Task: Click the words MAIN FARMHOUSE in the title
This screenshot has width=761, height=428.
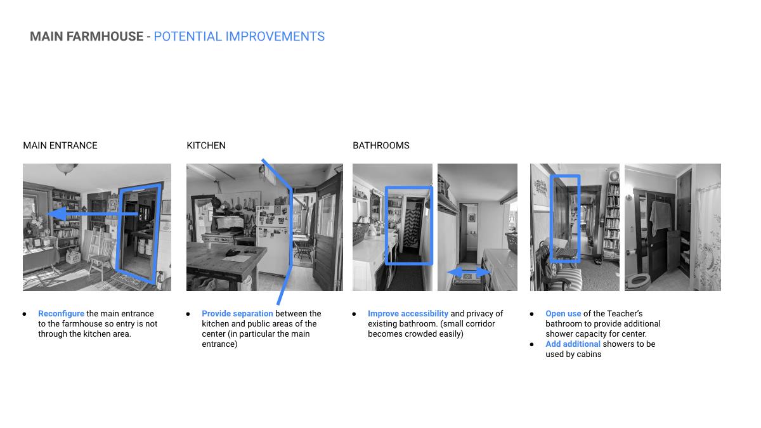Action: tap(87, 36)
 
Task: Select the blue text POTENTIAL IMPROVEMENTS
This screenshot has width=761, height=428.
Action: tap(239, 36)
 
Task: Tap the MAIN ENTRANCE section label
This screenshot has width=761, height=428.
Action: tap(60, 145)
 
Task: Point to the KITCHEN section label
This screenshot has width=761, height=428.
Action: tap(206, 145)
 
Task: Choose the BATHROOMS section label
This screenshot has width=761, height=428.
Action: tap(381, 145)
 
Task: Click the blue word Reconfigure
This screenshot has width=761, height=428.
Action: tap(61, 313)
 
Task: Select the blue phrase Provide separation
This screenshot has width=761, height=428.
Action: tap(237, 313)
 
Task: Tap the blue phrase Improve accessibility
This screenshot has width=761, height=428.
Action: tap(408, 313)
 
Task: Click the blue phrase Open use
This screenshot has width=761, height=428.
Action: tap(563, 313)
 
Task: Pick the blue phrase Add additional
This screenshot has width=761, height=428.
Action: tap(573, 344)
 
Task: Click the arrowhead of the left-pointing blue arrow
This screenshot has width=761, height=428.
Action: tap(56, 214)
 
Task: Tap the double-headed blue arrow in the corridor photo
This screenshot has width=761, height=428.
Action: tap(469, 272)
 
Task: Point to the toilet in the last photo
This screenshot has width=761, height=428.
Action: tap(639, 282)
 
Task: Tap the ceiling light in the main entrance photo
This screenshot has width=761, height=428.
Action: tap(67, 168)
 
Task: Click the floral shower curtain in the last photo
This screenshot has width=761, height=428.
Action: tap(708, 238)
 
